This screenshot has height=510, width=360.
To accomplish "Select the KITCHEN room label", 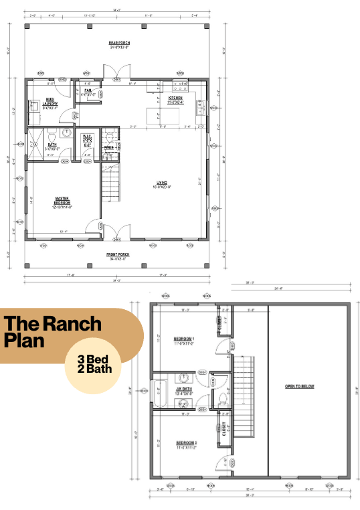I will coord(175,99).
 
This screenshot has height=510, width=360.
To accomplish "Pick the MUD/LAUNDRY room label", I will coord(51,102).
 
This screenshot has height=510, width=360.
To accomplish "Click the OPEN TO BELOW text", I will coord(299,386).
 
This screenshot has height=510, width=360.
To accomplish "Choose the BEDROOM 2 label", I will coord(185,443).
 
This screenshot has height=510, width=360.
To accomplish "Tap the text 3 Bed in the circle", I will coord(97,359).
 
